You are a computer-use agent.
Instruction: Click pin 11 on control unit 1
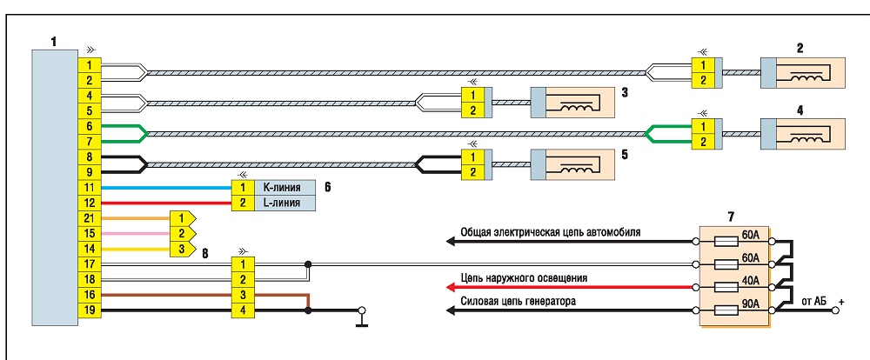(90, 188)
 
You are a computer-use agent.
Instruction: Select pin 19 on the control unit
(90, 310)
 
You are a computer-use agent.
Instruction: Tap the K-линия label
(281, 188)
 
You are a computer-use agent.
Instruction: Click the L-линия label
(281, 203)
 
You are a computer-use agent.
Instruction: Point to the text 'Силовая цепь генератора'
(519, 302)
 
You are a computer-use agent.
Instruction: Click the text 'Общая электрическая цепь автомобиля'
(551, 232)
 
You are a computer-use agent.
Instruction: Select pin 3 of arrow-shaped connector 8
(182, 249)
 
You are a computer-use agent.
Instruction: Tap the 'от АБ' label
(813, 301)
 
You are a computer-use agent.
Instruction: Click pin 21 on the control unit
(90, 218)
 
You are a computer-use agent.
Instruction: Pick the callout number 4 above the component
(800, 110)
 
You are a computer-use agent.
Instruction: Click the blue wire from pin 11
(166, 188)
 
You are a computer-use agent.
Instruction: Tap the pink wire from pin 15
(136, 234)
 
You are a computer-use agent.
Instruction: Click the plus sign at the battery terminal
(841, 302)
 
